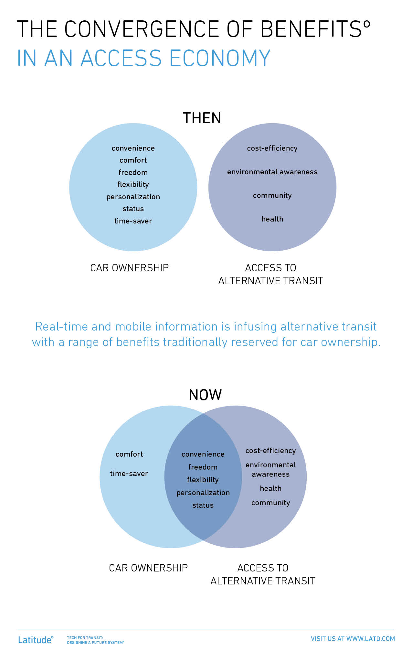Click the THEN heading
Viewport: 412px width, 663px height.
tap(202, 118)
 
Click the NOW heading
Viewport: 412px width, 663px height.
tap(205, 395)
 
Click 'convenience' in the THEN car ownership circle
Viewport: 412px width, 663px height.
tap(133, 148)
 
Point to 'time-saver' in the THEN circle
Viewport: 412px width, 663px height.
tap(133, 221)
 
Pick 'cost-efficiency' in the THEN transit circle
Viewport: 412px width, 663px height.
tap(272, 148)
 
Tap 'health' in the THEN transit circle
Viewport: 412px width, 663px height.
tap(272, 219)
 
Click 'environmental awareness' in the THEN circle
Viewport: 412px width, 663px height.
tap(272, 172)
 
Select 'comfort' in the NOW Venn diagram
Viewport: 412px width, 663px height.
tap(129, 454)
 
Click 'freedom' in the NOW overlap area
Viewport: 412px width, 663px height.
tap(203, 467)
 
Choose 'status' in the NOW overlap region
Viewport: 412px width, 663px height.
tap(203, 505)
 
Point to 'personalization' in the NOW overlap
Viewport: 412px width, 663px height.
tap(203, 493)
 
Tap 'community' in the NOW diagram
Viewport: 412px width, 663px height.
tap(271, 503)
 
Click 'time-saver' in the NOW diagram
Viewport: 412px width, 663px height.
tap(129, 473)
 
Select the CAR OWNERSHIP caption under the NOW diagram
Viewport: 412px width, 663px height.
tap(148, 568)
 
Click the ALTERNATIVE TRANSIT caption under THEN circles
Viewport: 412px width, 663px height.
tap(271, 281)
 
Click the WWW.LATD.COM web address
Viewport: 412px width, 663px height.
tap(371, 639)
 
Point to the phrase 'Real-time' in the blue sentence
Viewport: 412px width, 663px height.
tap(61, 327)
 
